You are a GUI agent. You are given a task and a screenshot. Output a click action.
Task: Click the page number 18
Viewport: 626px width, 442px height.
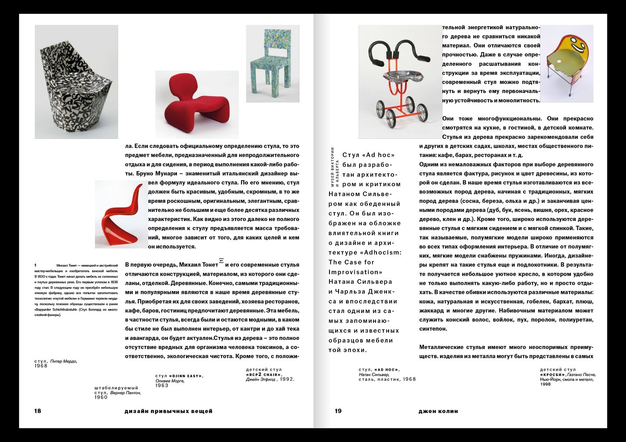click(37, 411)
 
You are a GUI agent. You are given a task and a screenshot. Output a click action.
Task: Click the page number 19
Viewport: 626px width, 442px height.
click(338, 411)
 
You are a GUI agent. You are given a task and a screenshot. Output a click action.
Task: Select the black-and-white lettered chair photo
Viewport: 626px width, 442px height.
click(76, 82)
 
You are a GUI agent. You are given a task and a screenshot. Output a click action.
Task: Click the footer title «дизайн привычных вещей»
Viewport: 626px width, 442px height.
click(168, 411)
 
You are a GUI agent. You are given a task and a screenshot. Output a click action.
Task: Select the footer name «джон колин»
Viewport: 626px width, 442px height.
click(438, 411)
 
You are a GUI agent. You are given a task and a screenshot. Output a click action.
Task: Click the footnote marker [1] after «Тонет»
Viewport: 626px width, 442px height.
click(221, 261)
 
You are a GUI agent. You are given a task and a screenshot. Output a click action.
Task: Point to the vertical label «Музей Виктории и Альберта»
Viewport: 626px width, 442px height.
click(334, 167)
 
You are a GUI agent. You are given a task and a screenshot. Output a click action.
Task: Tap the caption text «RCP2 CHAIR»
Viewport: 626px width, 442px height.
click(263, 374)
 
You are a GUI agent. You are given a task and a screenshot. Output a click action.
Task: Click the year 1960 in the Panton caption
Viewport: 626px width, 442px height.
click(101, 397)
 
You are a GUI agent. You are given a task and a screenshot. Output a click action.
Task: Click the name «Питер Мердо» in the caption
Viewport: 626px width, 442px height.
click(63, 361)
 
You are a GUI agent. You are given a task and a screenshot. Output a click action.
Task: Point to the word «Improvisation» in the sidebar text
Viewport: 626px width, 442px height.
click(355, 272)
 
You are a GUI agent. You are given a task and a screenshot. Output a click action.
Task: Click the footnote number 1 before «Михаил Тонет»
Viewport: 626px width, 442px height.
click(36, 265)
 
